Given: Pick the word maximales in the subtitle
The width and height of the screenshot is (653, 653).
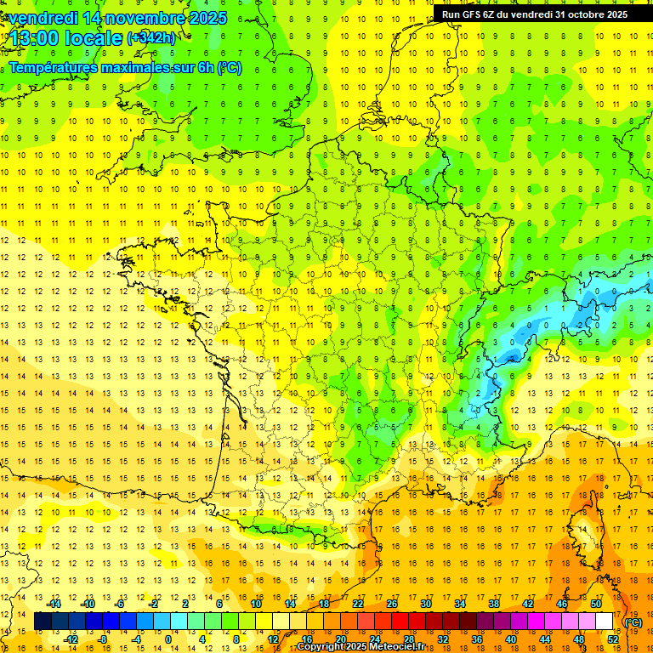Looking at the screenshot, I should (136, 68).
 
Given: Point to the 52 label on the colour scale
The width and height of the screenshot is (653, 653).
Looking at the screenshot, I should (613, 639).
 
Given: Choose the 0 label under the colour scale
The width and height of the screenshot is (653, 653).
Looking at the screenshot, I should (168, 639).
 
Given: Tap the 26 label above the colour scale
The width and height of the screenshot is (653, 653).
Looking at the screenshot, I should (392, 604).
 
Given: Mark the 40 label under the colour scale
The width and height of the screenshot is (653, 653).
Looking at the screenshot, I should (511, 639).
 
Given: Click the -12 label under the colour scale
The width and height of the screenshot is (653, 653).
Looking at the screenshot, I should (71, 639).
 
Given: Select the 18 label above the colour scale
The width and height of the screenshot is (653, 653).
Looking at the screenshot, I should (324, 604).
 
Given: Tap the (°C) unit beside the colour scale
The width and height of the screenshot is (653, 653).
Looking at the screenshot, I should (633, 622).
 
